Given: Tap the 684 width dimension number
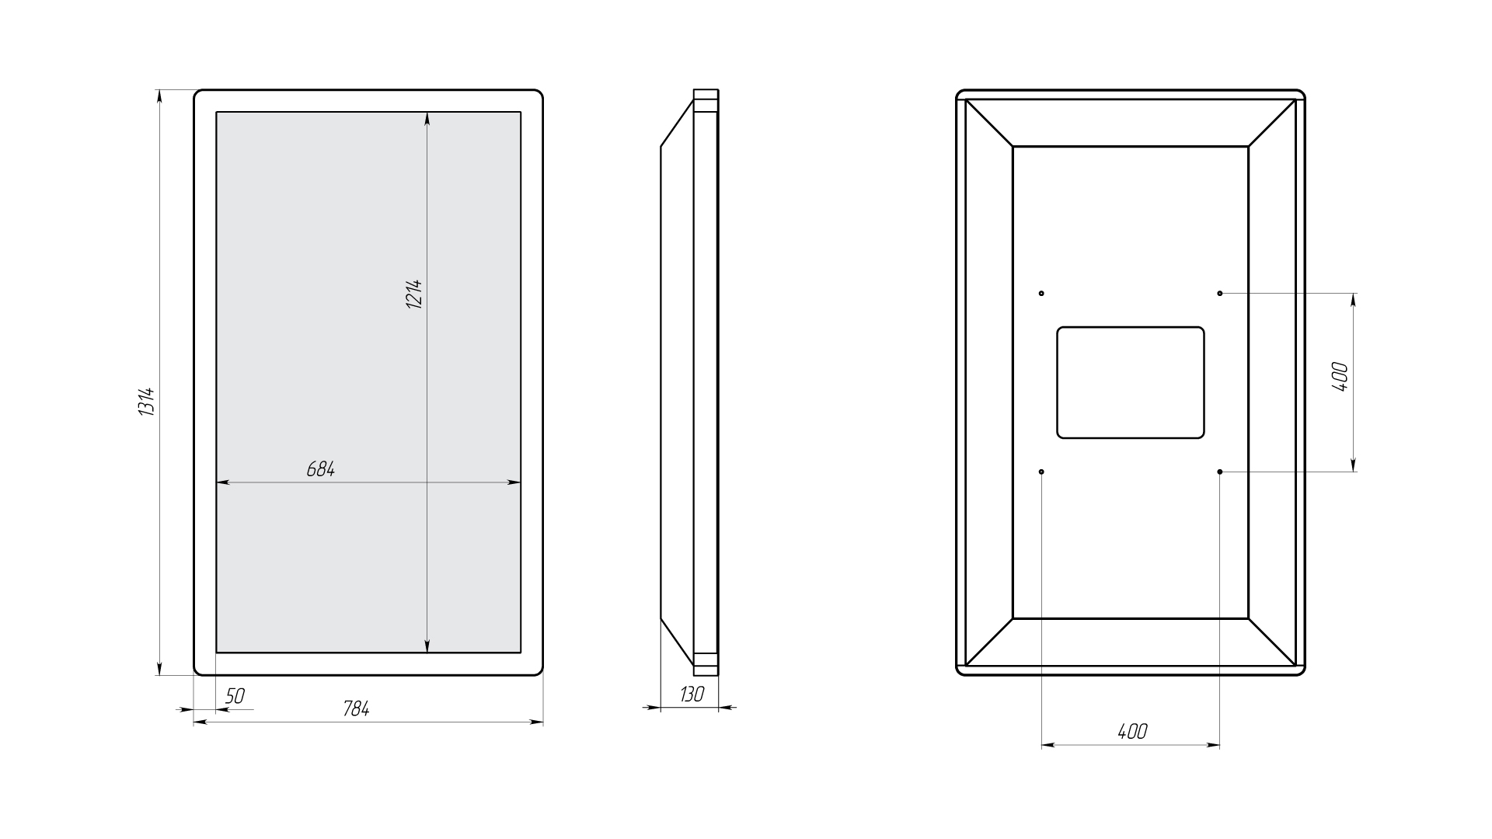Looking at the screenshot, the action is click(320, 469).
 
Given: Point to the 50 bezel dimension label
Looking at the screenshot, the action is click(234, 697).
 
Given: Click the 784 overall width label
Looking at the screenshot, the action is click(356, 709).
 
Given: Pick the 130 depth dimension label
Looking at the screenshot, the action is click(691, 695).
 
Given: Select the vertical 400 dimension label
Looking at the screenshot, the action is click(1340, 377).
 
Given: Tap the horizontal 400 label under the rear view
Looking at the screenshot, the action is click(1132, 732).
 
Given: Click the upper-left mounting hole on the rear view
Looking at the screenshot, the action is click(1041, 294).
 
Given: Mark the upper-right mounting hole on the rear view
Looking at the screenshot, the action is click(1220, 294).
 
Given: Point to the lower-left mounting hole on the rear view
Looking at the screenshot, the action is click(1041, 472).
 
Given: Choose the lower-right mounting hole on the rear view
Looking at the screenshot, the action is click(1220, 472).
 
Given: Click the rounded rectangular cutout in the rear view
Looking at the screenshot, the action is click(1131, 328).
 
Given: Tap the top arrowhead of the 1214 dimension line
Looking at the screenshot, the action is click(427, 119).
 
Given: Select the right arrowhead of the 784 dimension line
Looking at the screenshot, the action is click(535, 722).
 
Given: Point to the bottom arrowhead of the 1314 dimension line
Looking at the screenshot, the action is click(159, 667).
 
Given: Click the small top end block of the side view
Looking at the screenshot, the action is click(706, 102).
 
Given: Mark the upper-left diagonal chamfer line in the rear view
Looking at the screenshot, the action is click(989, 123).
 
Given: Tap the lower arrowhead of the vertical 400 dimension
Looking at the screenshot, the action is click(1354, 464).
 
